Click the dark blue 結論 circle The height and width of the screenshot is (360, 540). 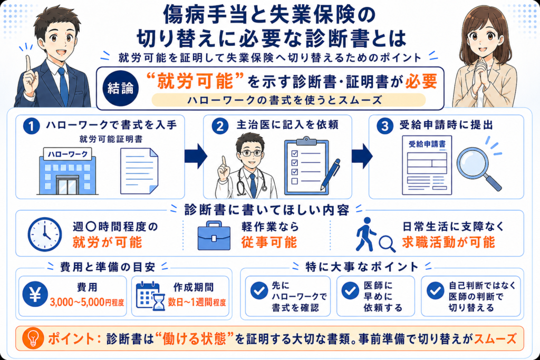coord(120,88)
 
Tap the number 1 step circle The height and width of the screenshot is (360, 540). coord(31,126)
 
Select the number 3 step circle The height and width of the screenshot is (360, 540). coord(384,126)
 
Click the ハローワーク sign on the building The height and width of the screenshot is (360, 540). coord(67,154)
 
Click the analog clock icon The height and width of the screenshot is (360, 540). coord(45,234)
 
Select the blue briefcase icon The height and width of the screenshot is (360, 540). coord(214,236)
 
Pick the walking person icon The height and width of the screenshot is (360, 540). coord(366,234)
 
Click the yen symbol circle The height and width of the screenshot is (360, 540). coord(35,294)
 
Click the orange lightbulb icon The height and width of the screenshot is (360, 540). coord(33,338)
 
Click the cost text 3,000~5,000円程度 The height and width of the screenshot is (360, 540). coord(87,302)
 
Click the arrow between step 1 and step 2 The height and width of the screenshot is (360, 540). coord(196,156)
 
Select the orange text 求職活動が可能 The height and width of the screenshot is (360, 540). coord(448,242)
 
